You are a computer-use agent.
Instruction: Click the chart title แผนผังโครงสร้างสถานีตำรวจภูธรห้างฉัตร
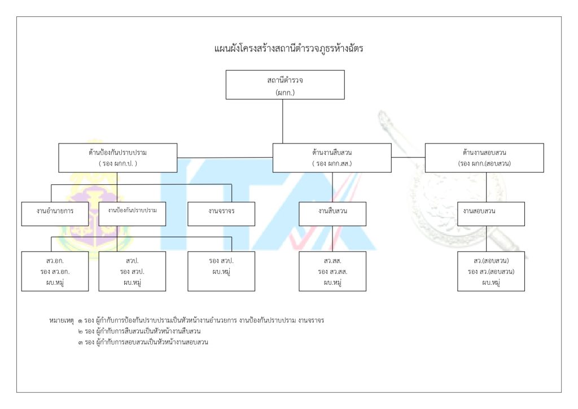pos(288,49)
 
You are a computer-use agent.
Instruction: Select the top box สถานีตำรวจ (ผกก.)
pos(285,85)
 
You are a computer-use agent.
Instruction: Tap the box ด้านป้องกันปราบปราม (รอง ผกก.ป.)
pos(118,158)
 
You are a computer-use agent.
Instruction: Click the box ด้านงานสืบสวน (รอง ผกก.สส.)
pos(332,158)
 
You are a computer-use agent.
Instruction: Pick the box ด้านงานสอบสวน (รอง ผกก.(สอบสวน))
pos(484,158)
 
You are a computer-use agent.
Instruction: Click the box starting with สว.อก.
pos(55,271)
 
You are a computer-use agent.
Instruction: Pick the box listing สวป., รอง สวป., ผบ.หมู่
pos(132,271)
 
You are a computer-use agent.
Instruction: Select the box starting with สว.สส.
pos(332,271)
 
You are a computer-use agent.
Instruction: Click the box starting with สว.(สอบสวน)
pos(491,271)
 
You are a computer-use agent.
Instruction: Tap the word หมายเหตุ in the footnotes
pos(62,320)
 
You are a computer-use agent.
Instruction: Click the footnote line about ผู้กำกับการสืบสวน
pos(141,331)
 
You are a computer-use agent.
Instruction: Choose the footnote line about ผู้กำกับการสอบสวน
pos(144,342)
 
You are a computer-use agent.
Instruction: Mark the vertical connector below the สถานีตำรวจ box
pos(283,121)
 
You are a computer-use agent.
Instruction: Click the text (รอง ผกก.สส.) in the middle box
pos(332,163)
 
